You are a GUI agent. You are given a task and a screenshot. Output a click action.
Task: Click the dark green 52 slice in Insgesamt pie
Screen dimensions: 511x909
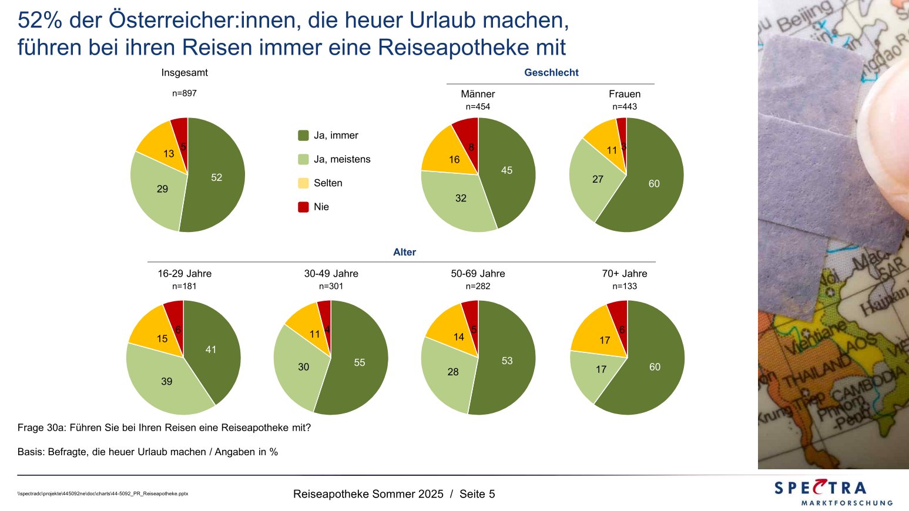pos(217,176)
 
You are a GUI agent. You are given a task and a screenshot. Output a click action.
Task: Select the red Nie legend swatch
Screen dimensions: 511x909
pos(303,207)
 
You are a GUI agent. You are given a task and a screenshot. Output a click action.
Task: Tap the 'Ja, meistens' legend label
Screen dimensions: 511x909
pos(342,159)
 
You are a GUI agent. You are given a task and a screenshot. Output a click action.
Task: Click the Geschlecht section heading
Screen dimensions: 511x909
pos(551,73)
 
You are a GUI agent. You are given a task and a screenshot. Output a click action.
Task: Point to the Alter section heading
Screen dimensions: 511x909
pos(404,253)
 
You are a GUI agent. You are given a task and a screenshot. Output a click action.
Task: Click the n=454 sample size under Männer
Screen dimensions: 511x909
pos(478,107)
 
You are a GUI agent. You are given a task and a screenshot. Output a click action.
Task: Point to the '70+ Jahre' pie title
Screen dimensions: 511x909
pos(625,274)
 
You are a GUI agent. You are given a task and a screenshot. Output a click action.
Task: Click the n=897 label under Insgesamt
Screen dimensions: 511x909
pos(185,93)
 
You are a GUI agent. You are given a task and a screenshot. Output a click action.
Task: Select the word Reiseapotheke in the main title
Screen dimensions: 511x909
pos(461,48)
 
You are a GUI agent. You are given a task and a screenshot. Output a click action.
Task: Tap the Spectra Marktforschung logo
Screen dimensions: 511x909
pos(833,492)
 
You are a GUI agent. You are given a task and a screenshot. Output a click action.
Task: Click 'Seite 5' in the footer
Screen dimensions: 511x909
pos(477,494)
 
